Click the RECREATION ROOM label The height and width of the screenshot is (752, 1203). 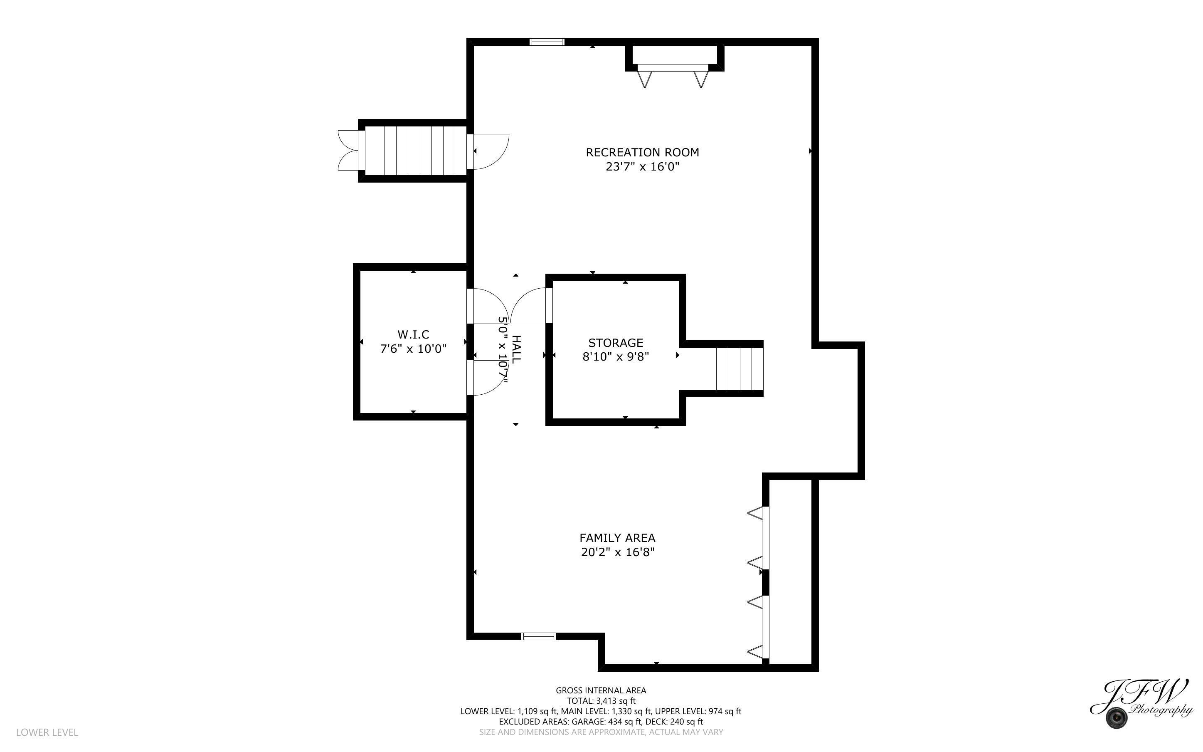pos(642,152)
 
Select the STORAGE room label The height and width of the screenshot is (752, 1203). pos(615,343)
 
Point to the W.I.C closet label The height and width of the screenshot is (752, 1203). pos(413,334)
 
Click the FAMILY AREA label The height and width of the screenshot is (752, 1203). pos(617,538)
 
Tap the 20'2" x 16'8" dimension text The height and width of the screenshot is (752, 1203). pos(618,552)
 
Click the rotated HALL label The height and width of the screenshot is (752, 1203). pos(516,349)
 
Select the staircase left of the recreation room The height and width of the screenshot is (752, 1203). pos(415,151)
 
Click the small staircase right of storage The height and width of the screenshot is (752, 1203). pos(739,369)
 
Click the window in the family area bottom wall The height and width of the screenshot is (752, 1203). pos(538,636)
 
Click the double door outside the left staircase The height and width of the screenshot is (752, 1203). pos(348,151)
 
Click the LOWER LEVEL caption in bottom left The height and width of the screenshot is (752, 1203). pos(47,732)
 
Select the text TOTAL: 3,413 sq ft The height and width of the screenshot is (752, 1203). pos(601,701)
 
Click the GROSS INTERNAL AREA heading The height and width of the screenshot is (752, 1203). pos(601,690)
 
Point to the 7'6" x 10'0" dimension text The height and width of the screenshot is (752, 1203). pos(413,349)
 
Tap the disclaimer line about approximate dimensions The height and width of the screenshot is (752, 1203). pos(601,732)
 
